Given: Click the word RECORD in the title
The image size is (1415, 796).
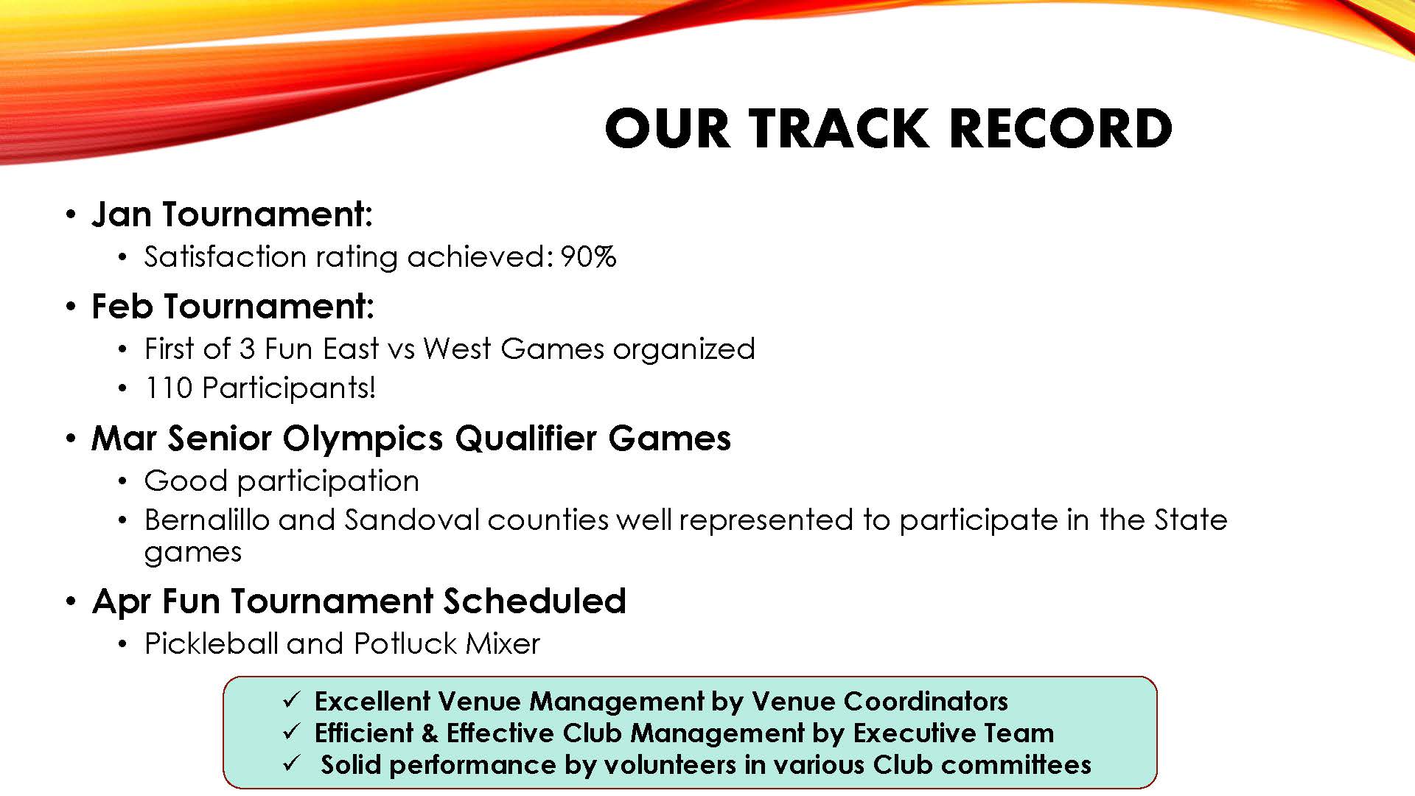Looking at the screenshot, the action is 1061,129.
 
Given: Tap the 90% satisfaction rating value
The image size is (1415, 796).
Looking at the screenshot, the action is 588,256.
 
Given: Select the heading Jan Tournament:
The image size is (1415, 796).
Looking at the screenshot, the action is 232,214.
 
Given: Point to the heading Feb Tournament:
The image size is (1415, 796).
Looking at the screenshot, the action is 233,307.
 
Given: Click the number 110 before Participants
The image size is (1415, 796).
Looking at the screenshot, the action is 169,388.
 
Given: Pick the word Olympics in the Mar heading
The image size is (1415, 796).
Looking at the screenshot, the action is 363,439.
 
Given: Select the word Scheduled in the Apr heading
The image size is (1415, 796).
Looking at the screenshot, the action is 534,601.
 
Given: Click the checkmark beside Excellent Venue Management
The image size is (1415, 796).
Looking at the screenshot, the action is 291,699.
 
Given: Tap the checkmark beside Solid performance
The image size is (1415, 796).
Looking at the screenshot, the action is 291,763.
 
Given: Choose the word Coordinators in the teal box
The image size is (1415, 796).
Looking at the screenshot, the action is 926,701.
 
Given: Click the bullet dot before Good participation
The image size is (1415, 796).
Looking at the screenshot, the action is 123,482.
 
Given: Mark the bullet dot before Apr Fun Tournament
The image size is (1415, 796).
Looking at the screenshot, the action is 71,602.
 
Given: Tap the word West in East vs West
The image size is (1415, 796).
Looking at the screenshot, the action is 457,349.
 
